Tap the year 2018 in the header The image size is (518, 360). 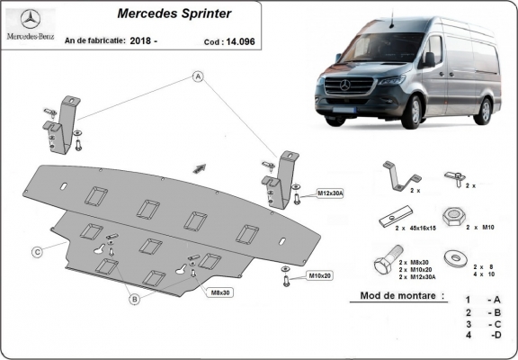140,40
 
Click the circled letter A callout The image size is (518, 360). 196,78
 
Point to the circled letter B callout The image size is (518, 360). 133,298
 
